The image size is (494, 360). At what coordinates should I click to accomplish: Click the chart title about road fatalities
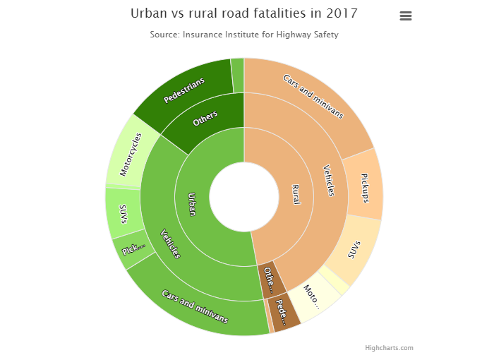pos(244,13)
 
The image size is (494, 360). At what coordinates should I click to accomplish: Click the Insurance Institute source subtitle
pos(244,35)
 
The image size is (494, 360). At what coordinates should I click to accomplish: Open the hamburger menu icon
pos(406,16)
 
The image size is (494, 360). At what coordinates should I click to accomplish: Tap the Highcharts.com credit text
pos(389,347)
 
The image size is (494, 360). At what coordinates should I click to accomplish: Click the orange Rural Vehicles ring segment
pos(328,181)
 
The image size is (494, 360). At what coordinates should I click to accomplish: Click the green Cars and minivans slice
pos(195,306)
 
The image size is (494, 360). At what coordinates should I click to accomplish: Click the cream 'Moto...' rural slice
pos(312,296)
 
